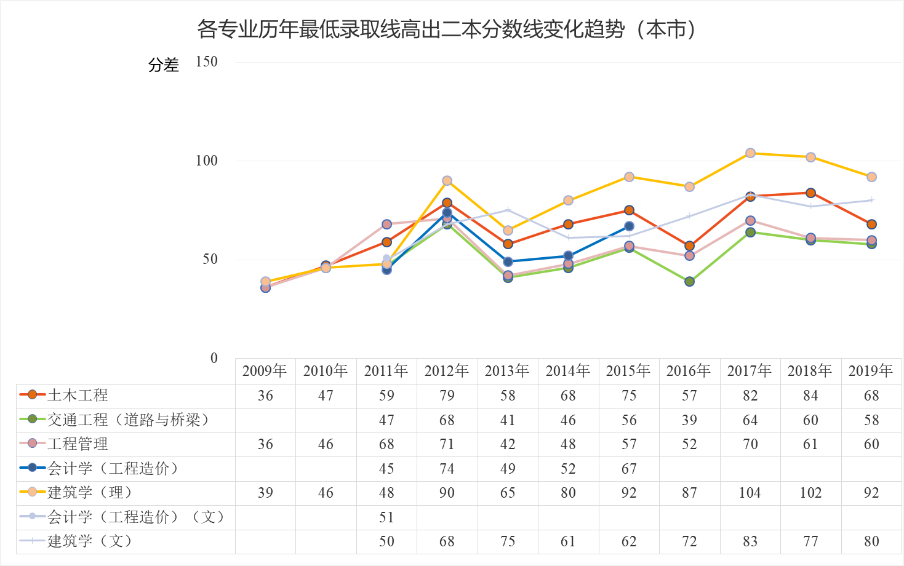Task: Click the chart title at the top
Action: [447, 29]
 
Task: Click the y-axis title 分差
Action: [163, 65]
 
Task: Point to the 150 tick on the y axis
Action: [206, 62]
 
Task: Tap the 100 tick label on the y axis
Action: [206, 161]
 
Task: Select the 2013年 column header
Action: [507, 371]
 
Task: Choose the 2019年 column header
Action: [871, 371]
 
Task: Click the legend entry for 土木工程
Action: [78, 395]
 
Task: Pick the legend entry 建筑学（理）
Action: [90, 492]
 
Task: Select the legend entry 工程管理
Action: [78, 444]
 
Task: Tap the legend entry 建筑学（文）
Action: [90, 541]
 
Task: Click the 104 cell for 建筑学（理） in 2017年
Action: [750, 493]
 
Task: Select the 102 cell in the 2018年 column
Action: [810, 493]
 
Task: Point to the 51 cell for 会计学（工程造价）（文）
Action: [386, 517]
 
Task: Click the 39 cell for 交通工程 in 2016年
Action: [689, 420]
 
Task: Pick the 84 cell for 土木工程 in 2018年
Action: [810, 396]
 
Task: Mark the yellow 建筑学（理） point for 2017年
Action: [750, 153]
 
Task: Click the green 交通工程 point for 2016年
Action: [689, 282]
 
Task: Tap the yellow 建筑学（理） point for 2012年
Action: [447, 181]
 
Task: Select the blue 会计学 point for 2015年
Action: [629, 226]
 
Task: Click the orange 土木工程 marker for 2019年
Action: [871, 225]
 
